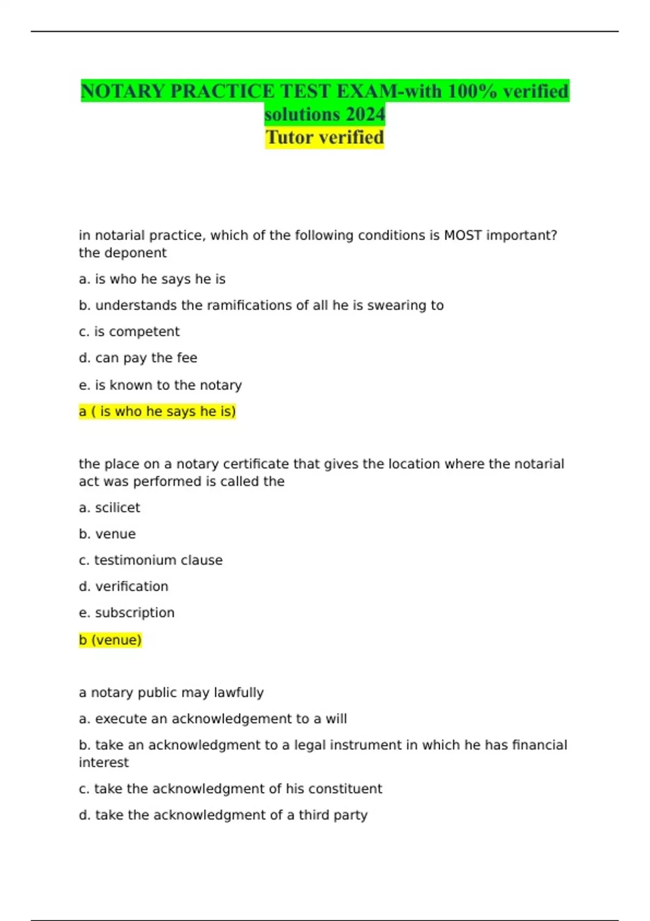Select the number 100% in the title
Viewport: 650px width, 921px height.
[x=471, y=91]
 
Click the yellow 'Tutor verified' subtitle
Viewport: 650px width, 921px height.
[x=324, y=138]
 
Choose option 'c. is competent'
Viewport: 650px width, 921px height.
[x=129, y=332]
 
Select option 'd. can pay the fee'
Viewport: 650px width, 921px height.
[x=138, y=358]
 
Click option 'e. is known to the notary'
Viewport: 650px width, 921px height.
[x=160, y=385]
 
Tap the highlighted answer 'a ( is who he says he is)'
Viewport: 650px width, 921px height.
[x=157, y=412]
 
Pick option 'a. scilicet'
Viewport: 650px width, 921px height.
[x=109, y=508]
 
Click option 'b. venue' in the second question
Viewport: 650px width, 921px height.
[x=107, y=534]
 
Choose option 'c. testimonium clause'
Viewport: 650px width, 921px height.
[x=151, y=560]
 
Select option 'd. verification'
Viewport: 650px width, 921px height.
[x=123, y=587]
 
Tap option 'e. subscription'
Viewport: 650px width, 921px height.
[x=127, y=613]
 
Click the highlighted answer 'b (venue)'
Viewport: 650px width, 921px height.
[x=110, y=640]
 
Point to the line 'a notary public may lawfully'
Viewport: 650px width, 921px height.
[x=171, y=692]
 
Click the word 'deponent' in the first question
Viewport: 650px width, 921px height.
[x=138, y=253]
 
